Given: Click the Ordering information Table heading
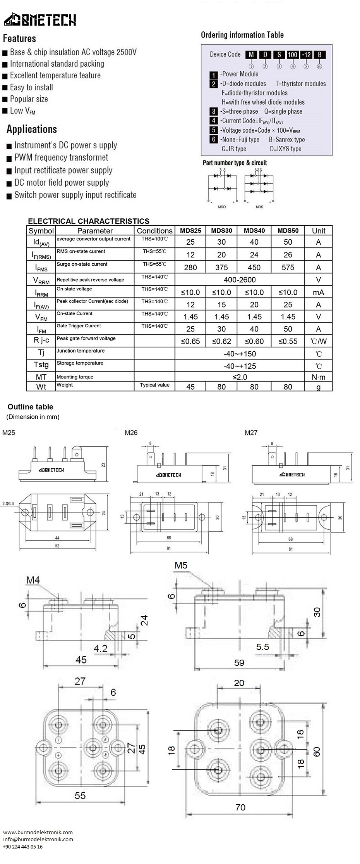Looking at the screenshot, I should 242,35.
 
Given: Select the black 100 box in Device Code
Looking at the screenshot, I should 292,55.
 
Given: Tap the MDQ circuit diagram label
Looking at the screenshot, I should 222,207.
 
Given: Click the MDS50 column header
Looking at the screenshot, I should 288,230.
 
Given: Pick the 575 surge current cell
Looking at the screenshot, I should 288,267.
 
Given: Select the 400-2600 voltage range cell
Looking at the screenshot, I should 240,280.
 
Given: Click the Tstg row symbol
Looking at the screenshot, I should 41,365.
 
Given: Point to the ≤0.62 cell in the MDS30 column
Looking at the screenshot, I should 221,341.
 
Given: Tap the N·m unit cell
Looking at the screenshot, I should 318,377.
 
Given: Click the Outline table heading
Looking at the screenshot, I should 30,407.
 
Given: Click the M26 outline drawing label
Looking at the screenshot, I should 131,433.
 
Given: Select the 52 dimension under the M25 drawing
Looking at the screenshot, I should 57,546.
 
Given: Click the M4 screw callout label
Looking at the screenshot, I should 33,580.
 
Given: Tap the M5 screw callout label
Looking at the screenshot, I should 181,565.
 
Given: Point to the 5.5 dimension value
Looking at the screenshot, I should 262,646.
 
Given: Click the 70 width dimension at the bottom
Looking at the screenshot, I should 240,807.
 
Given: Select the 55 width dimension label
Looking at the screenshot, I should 80,795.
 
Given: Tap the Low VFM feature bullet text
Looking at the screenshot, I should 22,111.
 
